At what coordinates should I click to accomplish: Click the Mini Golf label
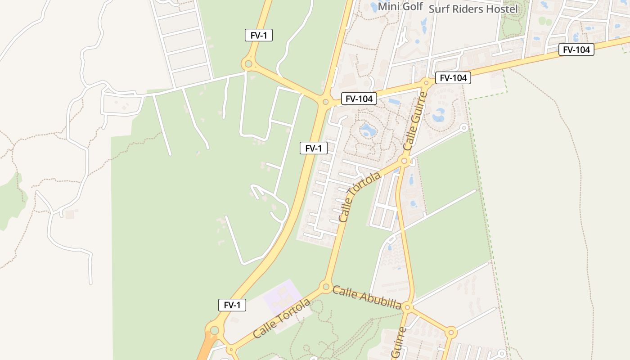coord(400,7)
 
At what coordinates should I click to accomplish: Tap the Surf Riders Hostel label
coord(473,9)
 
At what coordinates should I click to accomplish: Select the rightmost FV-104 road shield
coord(576,49)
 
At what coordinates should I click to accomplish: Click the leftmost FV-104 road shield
coord(359,99)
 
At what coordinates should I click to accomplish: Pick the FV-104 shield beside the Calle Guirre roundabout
coord(453,78)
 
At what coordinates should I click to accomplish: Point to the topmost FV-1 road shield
coord(259,35)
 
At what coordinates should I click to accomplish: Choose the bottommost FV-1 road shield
coord(232,305)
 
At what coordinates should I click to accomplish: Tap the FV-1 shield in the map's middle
coord(313,148)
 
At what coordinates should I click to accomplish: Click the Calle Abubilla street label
coord(367,297)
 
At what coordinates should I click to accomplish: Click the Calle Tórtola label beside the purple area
coord(282,319)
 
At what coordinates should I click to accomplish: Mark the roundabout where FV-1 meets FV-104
coord(325,102)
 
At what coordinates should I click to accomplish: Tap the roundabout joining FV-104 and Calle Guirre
coord(426,83)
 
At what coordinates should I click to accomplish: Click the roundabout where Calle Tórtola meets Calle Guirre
coord(405,161)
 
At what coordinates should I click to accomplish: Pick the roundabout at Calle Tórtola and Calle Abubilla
coord(326,286)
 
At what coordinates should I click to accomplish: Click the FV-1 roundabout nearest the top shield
coord(247,64)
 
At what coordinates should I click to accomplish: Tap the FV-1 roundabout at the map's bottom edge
coord(214,330)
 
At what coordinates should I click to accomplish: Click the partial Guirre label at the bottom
coord(399,343)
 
